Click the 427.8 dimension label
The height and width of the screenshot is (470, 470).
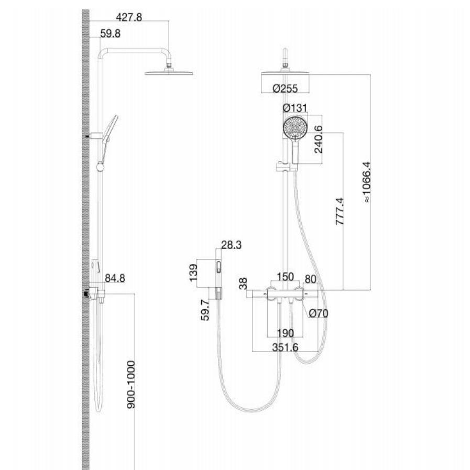tap(129, 17)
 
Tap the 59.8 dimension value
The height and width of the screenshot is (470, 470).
tap(111, 34)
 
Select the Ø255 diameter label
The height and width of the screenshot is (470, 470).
tap(285, 89)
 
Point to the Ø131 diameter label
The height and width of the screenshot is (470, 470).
tap(295, 108)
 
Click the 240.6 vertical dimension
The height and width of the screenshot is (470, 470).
tap(319, 139)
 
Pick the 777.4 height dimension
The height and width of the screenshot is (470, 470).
tap(340, 211)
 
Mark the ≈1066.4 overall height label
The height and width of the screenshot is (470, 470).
tap(367, 182)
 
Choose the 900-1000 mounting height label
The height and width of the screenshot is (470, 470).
tap(131, 385)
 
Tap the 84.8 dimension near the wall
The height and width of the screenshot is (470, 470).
tap(115, 278)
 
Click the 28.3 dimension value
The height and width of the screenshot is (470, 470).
tap(231, 245)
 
